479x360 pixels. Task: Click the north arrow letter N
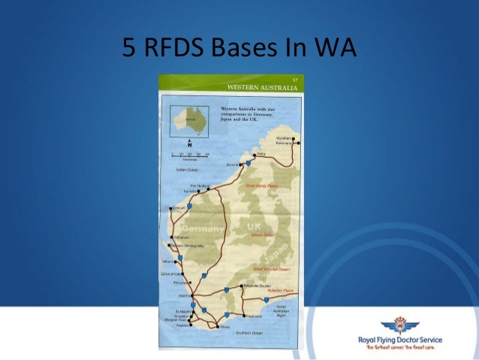pyautogui.click(x=190, y=144)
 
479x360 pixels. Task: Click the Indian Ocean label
pyautogui.click(x=185, y=170)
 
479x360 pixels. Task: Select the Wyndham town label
pyautogui.click(x=285, y=138)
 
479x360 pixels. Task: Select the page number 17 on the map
pyautogui.click(x=295, y=79)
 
